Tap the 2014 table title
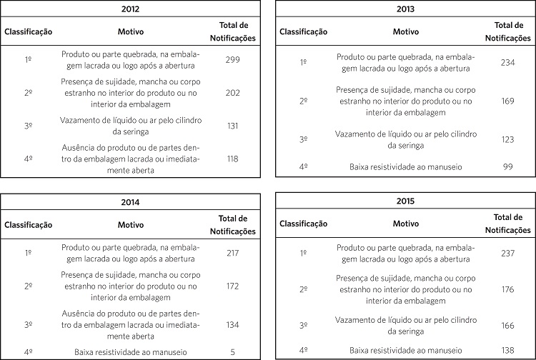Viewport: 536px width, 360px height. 131,202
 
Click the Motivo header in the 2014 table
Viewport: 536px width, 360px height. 131,224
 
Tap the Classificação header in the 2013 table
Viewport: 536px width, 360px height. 303,32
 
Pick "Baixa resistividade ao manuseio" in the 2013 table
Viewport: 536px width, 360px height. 405,166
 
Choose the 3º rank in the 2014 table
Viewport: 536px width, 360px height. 28,324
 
